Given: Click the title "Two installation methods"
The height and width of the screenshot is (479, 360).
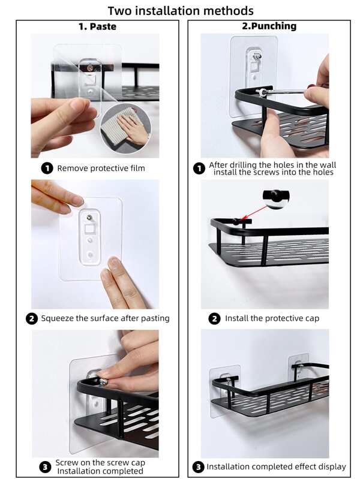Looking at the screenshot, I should pos(180,10).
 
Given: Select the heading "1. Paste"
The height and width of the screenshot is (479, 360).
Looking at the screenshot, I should pos(97,26).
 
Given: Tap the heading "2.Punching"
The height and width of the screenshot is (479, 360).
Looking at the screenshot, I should pos(269,26).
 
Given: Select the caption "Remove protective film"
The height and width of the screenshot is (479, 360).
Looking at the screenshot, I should pos(101,168).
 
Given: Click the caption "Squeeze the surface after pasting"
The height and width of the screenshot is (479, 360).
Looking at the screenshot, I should pos(105,318).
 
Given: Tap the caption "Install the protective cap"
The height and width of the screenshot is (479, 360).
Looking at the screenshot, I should pos(272,318).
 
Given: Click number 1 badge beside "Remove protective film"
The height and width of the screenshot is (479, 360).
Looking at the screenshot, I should pos(47,168).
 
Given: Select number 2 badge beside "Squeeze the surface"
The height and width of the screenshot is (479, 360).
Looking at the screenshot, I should pos(32,318).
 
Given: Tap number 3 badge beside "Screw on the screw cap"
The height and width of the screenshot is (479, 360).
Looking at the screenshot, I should pos(45,466).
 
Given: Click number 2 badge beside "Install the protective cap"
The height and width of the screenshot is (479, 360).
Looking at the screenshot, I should pos(214,318).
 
